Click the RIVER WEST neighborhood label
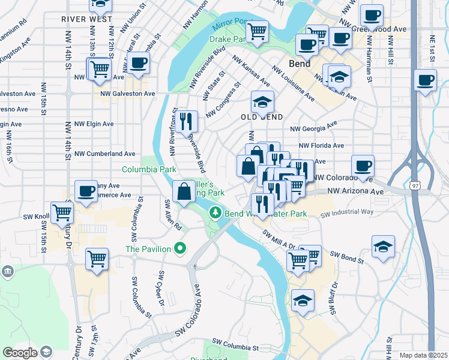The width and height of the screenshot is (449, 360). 87,19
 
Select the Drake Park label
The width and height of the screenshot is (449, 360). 228,39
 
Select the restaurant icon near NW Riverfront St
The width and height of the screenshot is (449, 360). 188,120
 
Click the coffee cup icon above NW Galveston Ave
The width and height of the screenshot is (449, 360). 138,62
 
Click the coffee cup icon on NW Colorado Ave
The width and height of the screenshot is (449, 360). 363,165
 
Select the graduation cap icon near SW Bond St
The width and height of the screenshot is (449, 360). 383,247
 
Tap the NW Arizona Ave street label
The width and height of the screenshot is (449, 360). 355,191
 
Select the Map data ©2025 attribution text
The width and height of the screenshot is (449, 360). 423,355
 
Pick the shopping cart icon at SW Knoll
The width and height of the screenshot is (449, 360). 62,212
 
